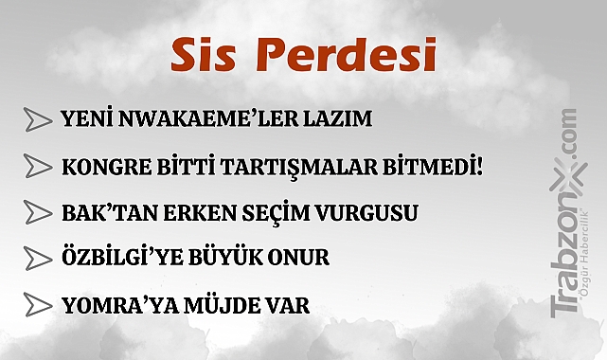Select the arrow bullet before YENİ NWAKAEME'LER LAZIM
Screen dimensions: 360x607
(38, 120)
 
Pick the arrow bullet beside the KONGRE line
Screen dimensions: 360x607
(38, 167)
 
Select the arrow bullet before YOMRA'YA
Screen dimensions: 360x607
(38, 305)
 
